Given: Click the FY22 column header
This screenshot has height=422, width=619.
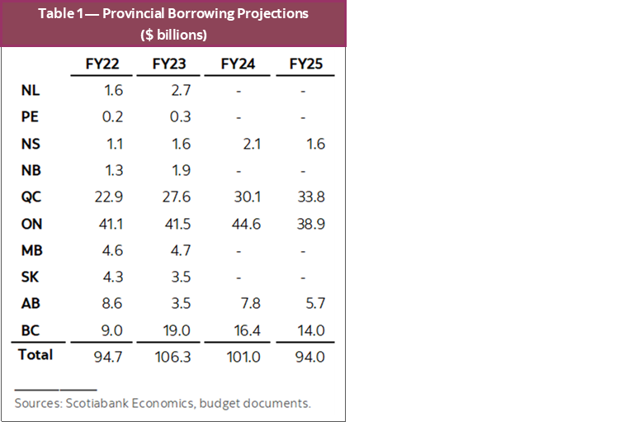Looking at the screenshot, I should [103, 64].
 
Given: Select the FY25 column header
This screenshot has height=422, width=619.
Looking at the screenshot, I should [305, 64].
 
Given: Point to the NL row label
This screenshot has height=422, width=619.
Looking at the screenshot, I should [31, 91].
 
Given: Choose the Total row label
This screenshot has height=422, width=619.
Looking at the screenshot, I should [34, 355].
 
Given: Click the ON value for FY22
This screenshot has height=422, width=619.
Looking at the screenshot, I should [110, 224].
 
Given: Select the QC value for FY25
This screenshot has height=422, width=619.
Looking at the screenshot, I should [309, 197].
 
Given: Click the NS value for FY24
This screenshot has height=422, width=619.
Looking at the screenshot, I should [244, 145].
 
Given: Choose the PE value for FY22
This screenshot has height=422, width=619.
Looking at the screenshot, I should [113, 117].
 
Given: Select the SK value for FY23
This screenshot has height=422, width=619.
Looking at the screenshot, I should [178, 277].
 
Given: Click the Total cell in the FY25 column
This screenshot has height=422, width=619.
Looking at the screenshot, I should [309, 356].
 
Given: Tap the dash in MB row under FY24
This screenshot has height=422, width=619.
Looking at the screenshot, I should [243, 251].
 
